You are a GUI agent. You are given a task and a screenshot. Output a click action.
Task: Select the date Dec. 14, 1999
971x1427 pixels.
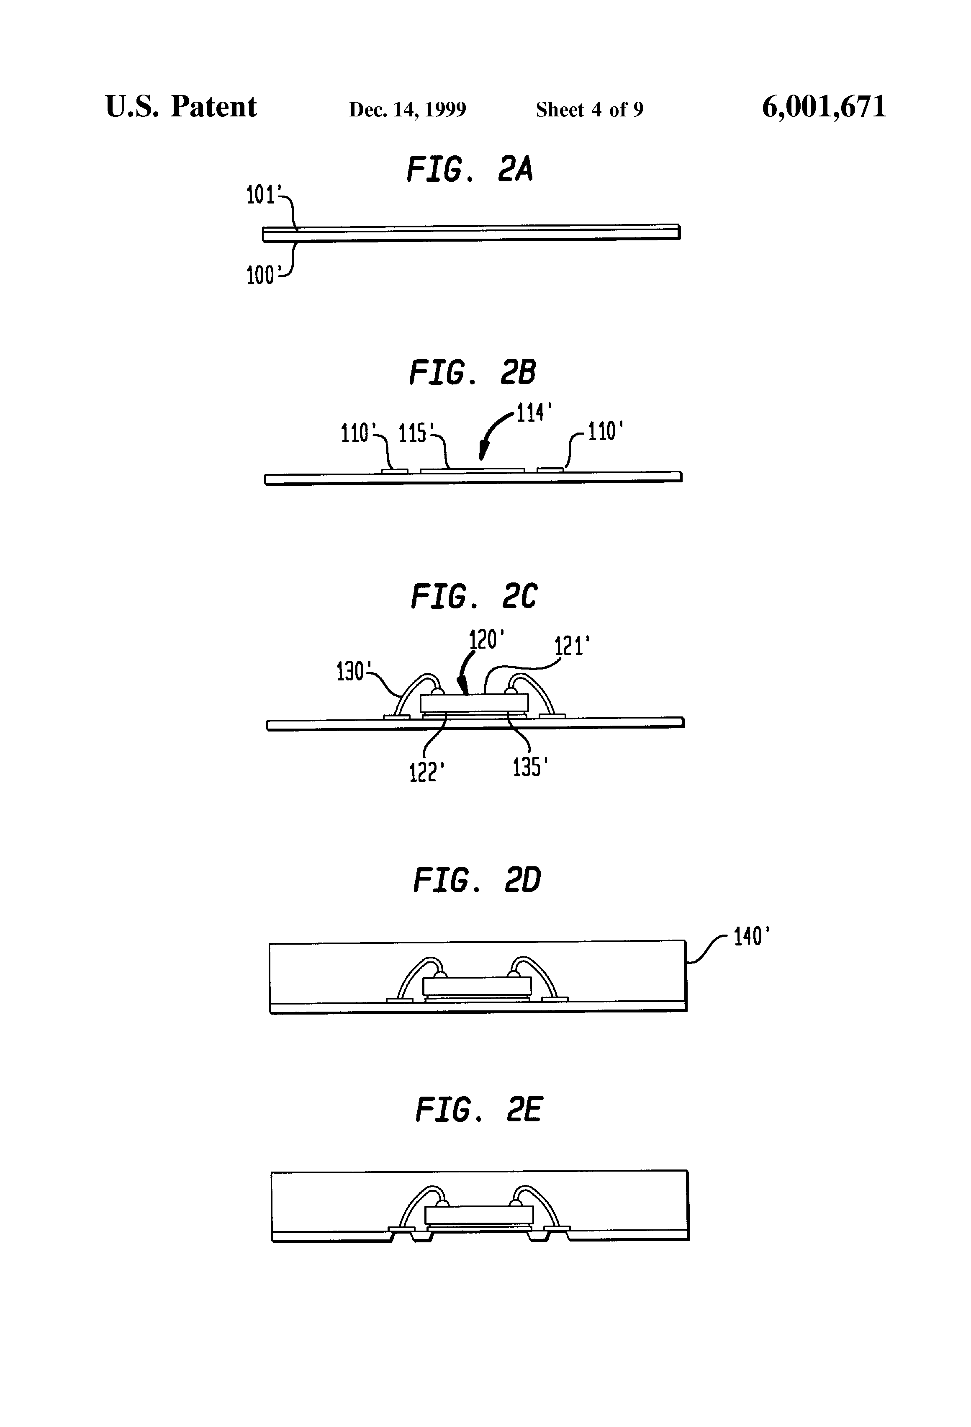coord(408,109)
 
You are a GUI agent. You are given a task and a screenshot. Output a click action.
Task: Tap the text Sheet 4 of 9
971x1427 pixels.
coord(589,109)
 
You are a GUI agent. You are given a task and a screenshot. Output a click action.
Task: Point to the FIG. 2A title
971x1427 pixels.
coord(470,170)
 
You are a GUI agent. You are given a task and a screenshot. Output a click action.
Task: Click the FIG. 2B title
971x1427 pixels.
coord(472,373)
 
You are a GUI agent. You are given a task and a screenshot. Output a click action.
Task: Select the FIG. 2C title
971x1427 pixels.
coord(473,597)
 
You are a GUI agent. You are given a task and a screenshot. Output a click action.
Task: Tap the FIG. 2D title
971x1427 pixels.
coord(476,881)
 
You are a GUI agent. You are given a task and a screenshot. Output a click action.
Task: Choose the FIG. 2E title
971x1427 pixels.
coord(479,1110)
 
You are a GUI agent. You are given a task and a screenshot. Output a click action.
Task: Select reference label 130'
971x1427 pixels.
coord(352,672)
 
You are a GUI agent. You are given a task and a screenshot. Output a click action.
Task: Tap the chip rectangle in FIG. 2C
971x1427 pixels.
coord(474,703)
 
